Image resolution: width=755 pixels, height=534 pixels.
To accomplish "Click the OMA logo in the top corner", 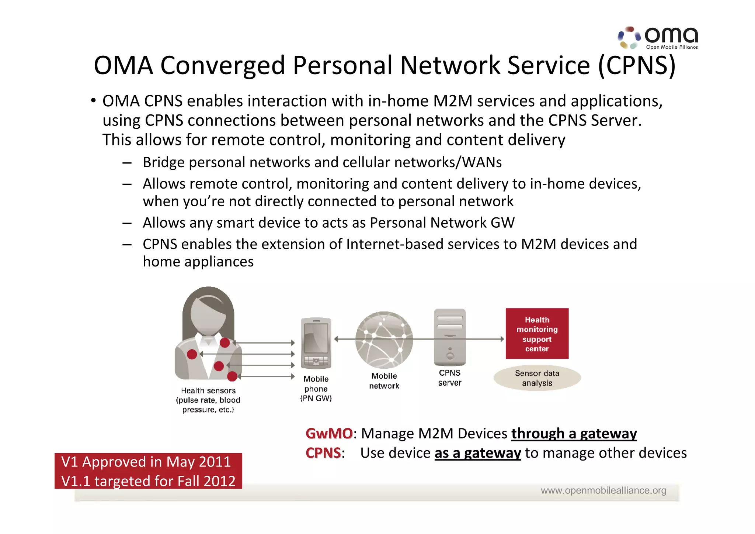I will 658,38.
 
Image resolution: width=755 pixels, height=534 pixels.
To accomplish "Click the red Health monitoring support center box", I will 537,334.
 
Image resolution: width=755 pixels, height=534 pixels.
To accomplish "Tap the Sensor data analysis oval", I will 537,378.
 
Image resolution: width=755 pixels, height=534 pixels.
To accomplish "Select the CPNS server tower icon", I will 450,337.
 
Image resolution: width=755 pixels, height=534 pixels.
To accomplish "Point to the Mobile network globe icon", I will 384,340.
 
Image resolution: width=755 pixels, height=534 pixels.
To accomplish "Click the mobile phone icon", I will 316,343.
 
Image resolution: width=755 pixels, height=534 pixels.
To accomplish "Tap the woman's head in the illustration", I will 208,312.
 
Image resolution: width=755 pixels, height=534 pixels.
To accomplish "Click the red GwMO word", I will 329,434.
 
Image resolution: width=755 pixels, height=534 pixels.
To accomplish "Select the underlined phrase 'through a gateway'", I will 574,434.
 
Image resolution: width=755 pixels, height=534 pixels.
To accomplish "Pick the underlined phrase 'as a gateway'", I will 477,453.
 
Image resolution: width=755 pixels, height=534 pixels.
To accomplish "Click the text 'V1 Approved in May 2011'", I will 146,462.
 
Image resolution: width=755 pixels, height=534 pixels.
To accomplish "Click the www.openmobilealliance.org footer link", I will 603,490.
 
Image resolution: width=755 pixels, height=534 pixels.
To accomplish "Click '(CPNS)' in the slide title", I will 637,66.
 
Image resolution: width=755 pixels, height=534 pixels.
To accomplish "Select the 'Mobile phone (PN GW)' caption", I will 316,389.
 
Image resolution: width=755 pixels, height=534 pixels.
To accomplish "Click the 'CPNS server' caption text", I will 450,378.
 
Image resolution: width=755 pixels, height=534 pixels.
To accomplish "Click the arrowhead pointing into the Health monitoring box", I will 502,339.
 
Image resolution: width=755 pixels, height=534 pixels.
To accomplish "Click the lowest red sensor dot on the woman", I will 232,376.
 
